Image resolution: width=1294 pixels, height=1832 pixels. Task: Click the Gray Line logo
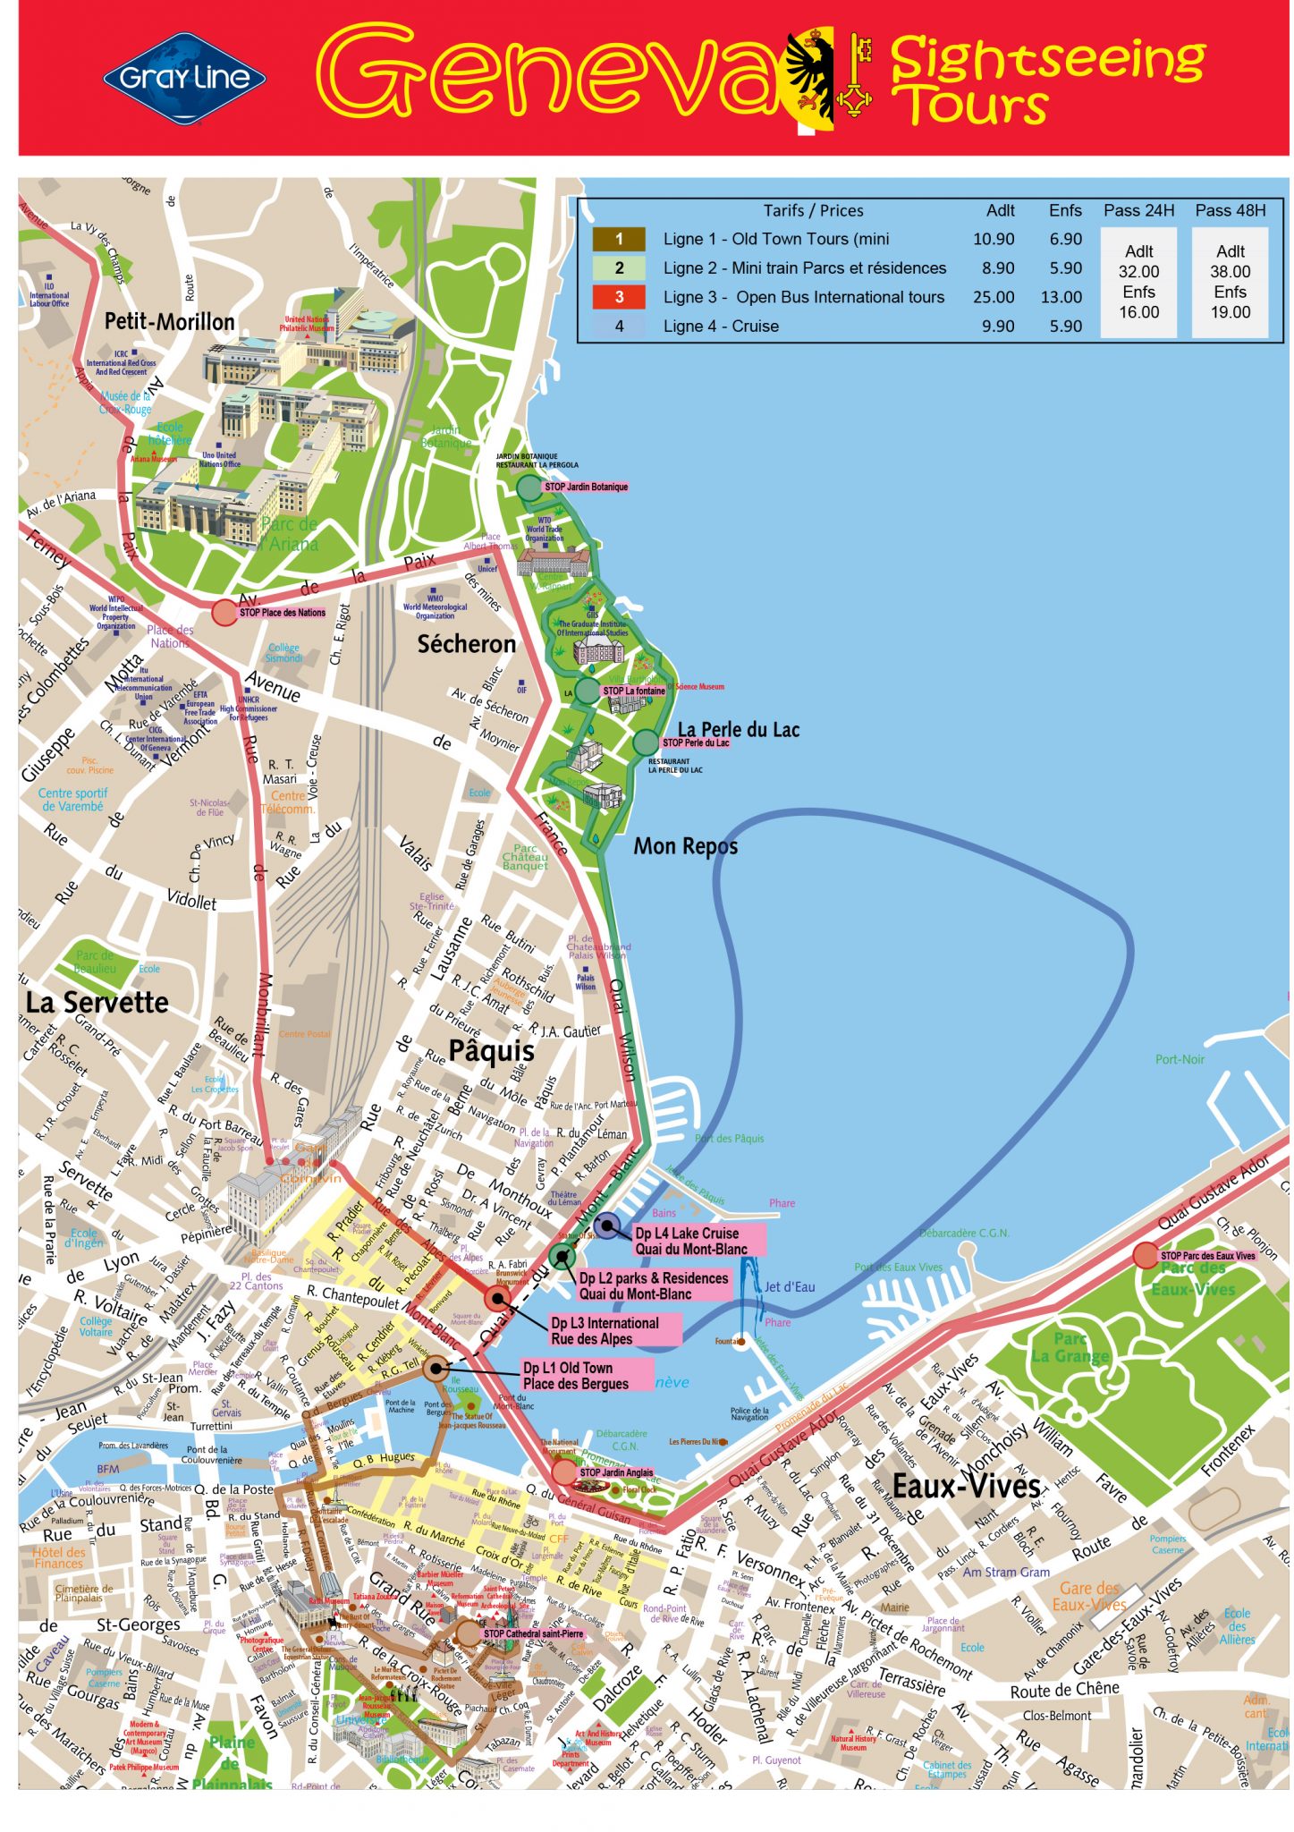click(184, 78)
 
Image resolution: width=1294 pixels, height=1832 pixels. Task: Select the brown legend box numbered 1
click(618, 239)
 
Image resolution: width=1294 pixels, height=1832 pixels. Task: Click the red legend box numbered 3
click(618, 297)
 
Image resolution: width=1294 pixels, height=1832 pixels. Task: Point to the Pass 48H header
click(1230, 210)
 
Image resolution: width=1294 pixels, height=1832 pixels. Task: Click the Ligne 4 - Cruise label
click(720, 327)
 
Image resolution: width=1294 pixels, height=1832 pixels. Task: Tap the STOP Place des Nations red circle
click(224, 613)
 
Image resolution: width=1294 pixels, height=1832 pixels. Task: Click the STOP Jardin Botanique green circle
click(529, 488)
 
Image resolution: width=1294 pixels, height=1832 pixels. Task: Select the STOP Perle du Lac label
click(695, 742)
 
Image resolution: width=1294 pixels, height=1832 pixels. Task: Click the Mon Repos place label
click(685, 845)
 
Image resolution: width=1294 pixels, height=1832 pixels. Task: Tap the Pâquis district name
click(491, 1050)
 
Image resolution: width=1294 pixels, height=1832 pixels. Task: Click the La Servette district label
click(97, 1002)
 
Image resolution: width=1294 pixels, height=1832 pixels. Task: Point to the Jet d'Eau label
click(789, 1286)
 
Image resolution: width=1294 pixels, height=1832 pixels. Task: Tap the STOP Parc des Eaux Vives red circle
click(1145, 1255)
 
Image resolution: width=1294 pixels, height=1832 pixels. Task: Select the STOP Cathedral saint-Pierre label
click(533, 1633)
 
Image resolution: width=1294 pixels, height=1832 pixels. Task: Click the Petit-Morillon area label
click(169, 321)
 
